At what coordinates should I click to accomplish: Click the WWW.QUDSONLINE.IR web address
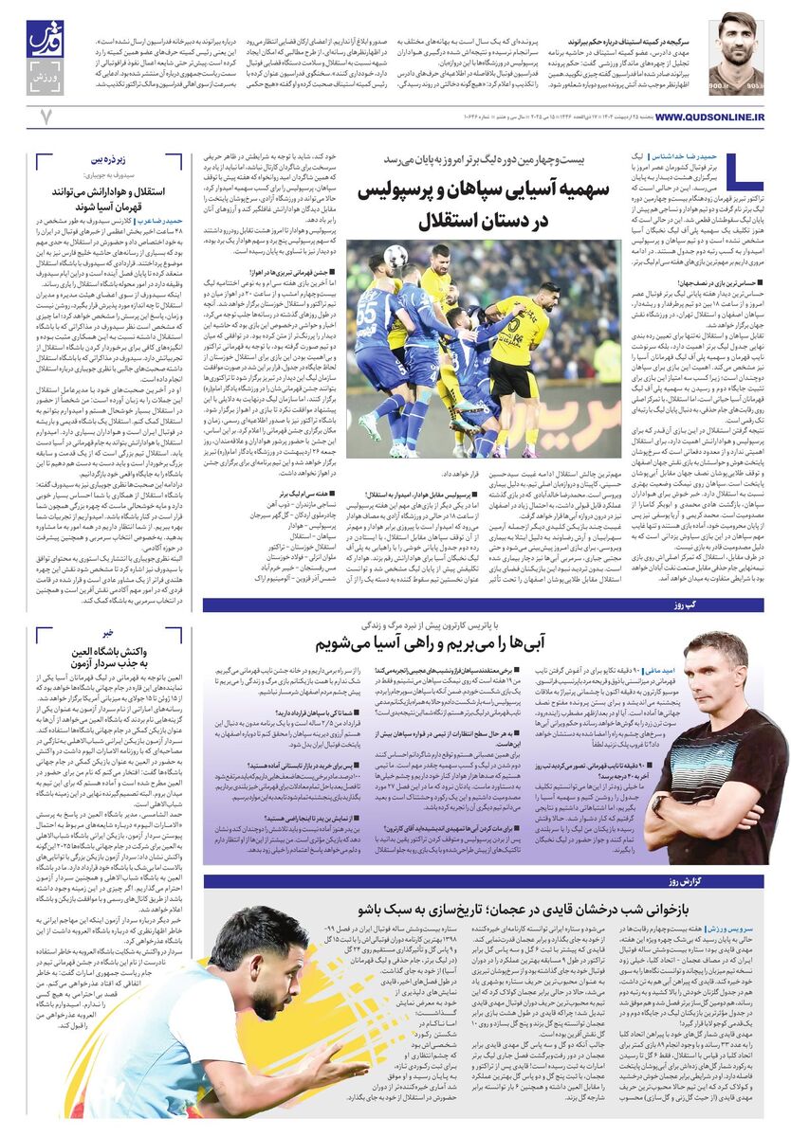tap(709, 117)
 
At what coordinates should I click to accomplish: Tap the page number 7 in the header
tap(45, 117)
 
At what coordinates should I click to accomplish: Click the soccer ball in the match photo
tap(395, 256)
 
